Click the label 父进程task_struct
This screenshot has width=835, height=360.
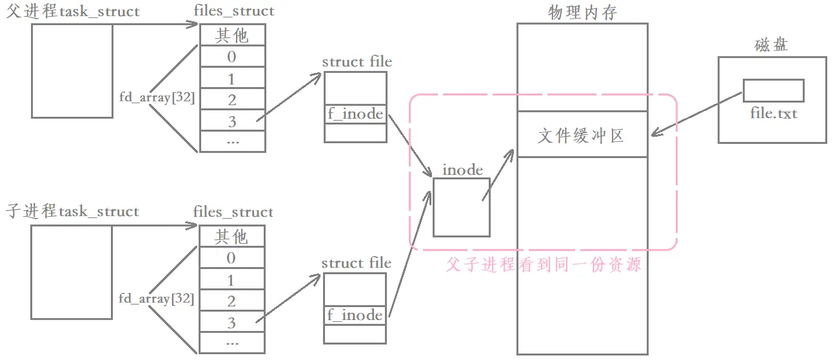click(x=72, y=12)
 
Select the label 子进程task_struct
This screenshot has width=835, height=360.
click(x=72, y=212)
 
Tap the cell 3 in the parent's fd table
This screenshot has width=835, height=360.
click(x=232, y=121)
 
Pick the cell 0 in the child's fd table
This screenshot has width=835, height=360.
click(x=232, y=258)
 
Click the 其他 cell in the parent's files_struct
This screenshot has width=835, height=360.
click(x=232, y=35)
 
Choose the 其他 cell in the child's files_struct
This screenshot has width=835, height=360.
click(x=232, y=237)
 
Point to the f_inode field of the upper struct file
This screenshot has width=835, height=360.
click(x=355, y=114)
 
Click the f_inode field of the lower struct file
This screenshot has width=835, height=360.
click(x=355, y=315)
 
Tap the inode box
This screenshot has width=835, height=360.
click(x=461, y=207)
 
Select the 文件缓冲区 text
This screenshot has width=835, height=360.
click(x=582, y=135)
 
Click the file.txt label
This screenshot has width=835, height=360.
click(x=774, y=114)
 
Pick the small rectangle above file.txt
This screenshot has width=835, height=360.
click(x=773, y=90)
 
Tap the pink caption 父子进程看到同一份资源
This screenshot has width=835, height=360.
click(x=544, y=265)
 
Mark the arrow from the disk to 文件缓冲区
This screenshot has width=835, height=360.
click(x=696, y=114)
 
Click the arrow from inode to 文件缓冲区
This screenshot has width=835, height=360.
click(x=498, y=174)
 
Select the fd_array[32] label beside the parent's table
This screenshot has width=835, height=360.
click(x=157, y=97)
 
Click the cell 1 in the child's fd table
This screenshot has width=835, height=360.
click(x=232, y=280)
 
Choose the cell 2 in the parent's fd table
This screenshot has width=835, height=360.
click(x=232, y=99)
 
